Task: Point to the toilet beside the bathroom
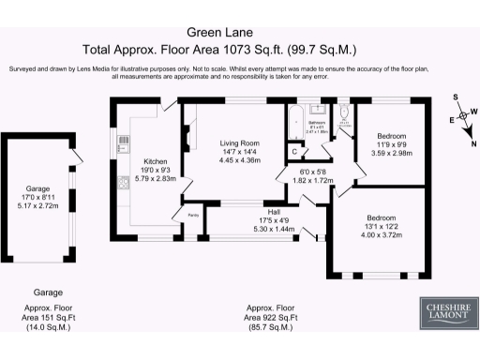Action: tap(343, 118)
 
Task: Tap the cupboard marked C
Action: tap(294, 151)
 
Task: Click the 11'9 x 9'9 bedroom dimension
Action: tap(391, 146)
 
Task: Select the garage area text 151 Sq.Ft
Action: tap(48, 319)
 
